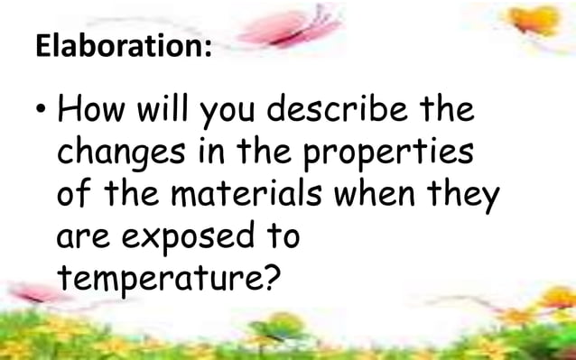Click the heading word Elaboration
click(125, 47)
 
